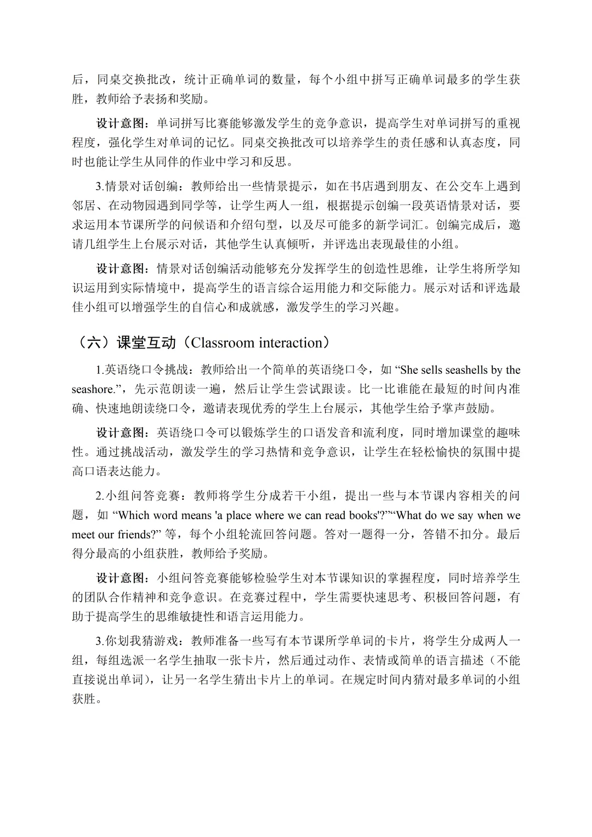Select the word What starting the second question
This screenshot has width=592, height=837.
click(414, 515)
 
